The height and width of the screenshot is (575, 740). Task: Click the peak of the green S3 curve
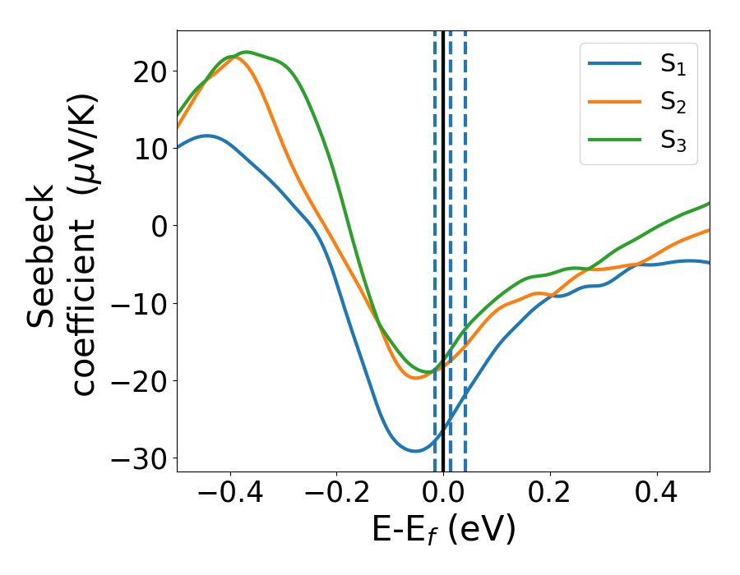[245, 52]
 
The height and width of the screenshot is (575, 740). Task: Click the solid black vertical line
[443, 246]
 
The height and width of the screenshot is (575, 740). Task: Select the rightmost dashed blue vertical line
[465, 246]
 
